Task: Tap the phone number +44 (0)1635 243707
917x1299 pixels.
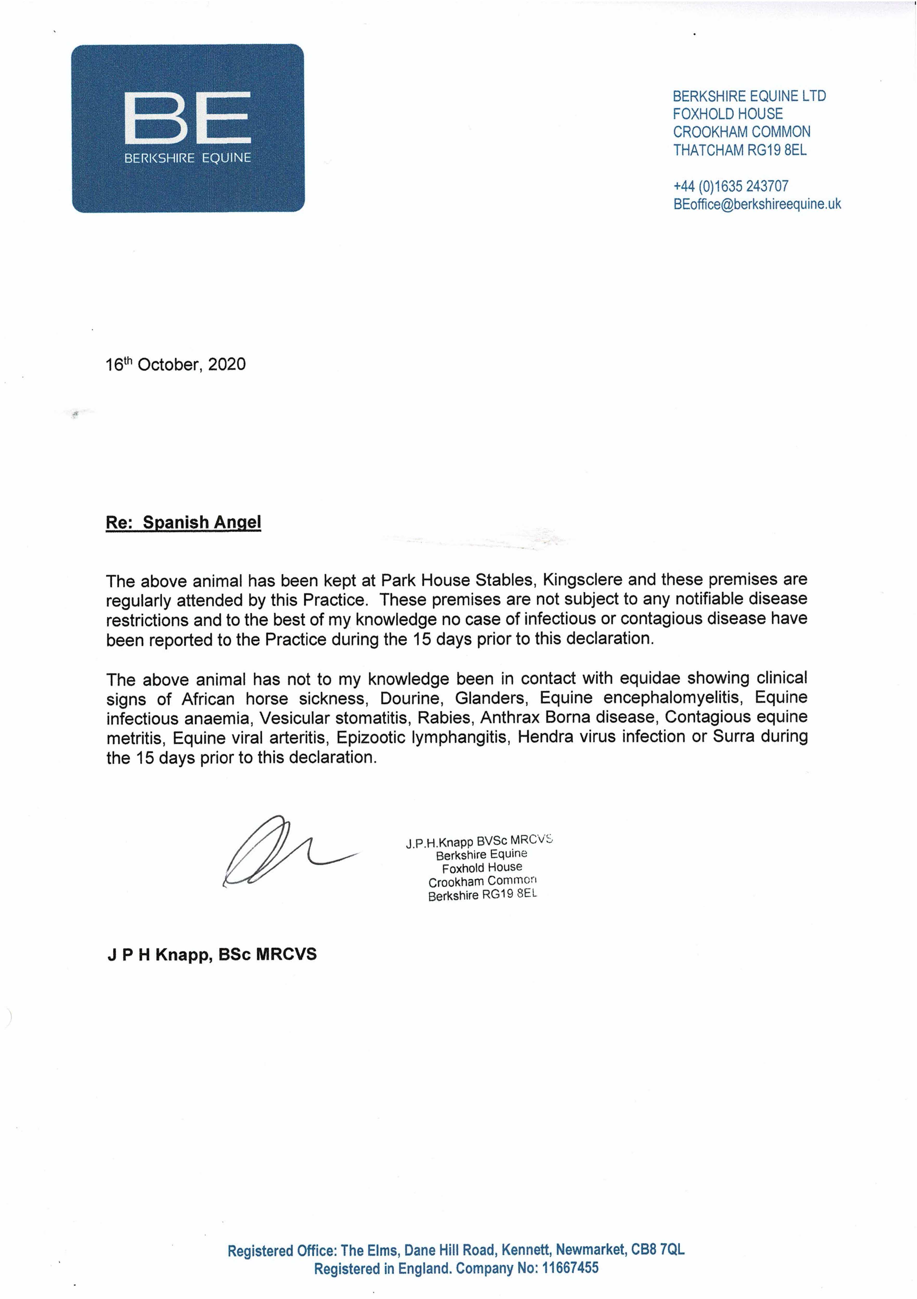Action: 730,186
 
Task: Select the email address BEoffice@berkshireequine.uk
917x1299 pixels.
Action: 757,204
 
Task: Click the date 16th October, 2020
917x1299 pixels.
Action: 175,364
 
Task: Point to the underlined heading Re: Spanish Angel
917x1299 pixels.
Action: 183,522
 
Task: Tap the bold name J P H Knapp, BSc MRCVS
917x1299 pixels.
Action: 212,955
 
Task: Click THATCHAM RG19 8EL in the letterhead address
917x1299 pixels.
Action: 739,150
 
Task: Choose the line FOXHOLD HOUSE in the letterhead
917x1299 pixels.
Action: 727,114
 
